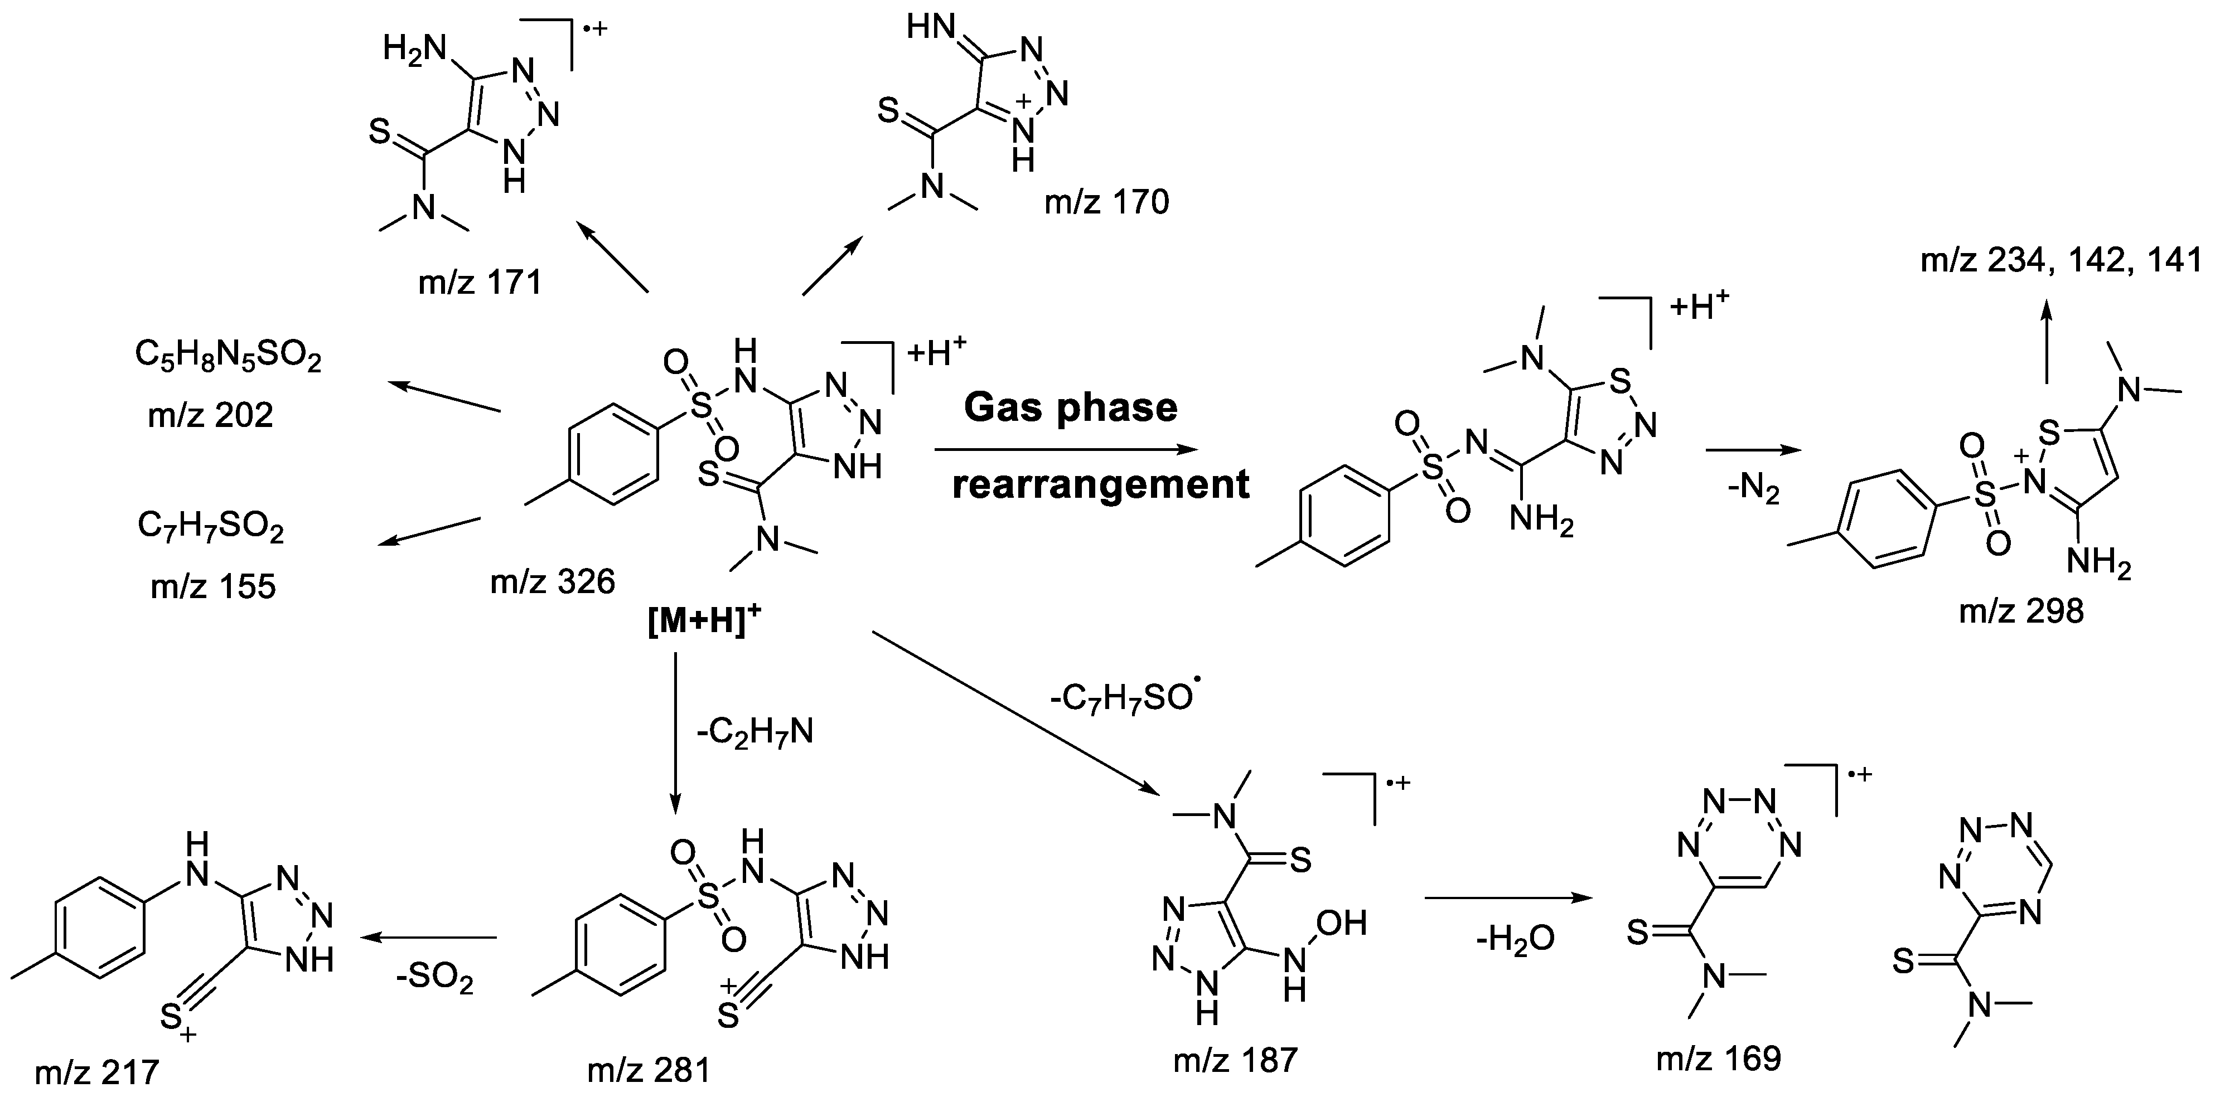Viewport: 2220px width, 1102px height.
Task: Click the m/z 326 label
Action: pyautogui.click(x=553, y=582)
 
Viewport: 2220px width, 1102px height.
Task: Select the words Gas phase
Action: pyautogui.click(x=1070, y=407)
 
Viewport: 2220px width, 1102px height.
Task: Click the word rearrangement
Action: pyautogui.click(x=1101, y=484)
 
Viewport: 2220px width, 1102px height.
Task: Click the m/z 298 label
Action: pyautogui.click(x=2021, y=611)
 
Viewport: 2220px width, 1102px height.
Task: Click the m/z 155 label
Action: pyautogui.click(x=213, y=587)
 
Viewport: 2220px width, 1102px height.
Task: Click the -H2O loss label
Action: pyautogui.click(x=1514, y=938)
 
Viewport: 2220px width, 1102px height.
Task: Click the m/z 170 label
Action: pyautogui.click(x=1106, y=202)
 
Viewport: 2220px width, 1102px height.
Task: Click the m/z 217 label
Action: pyautogui.click(x=96, y=1072)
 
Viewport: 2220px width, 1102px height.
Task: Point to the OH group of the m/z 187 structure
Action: pyautogui.click(x=1342, y=924)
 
